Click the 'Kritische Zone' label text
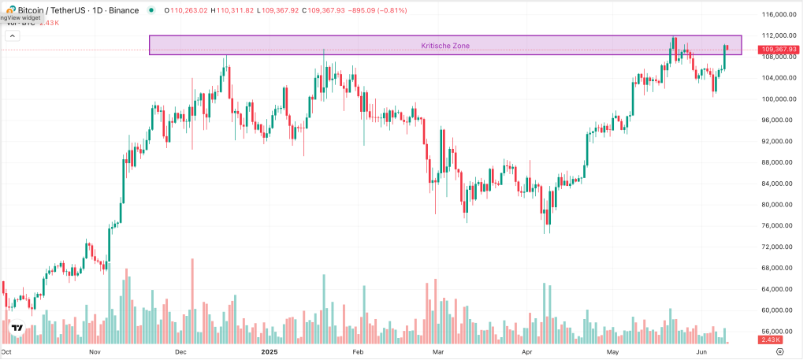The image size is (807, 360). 445,46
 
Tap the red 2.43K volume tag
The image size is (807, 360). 769,339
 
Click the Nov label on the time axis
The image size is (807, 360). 95,353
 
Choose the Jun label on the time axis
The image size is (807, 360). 700,353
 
